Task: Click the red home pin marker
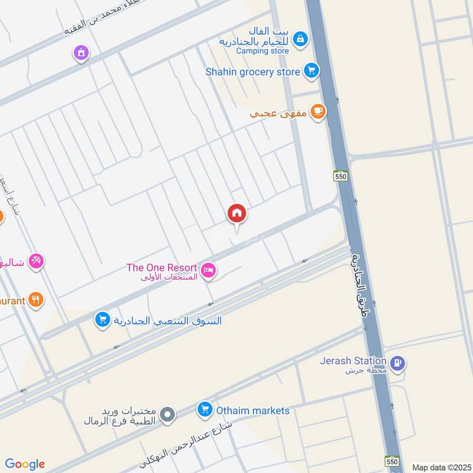[x=237, y=213]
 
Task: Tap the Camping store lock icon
[x=301, y=39]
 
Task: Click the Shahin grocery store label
[x=252, y=72]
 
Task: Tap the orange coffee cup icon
[x=318, y=111]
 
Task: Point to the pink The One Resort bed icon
[x=208, y=271]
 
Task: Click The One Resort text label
[x=161, y=268]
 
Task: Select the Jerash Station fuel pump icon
[x=399, y=363]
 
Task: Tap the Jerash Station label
[x=354, y=361]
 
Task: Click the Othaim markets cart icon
[x=205, y=409]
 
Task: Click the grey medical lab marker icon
[x=167, y=415]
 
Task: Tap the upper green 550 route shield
[x=340, y=176]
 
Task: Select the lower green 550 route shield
[x=391, y=461]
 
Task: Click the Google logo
[x=25, y=464]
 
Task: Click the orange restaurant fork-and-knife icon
[x=36, y=300]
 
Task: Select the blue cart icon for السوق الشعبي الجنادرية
[x=103, y=320]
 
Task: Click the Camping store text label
[x=263, y=51]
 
